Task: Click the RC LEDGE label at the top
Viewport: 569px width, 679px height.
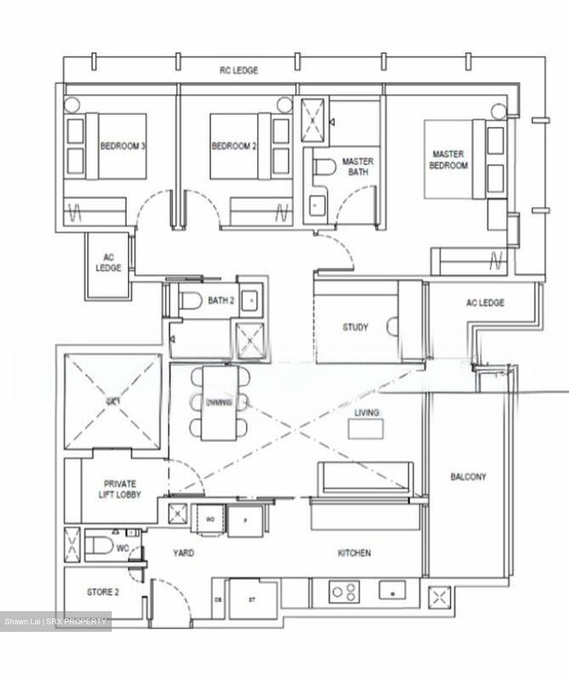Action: point(239,70)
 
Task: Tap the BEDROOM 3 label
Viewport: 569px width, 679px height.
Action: point(122,146)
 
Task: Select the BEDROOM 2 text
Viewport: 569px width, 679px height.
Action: point(234,146)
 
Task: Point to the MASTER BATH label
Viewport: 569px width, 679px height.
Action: point(358,166)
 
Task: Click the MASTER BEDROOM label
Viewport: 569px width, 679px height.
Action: point(448,160)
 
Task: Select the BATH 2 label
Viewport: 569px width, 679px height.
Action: point(221,300)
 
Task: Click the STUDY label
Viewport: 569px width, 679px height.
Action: point(355,327)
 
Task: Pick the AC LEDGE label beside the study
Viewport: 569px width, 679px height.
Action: point(485,303)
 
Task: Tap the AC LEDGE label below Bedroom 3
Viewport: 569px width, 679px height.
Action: point(109,263)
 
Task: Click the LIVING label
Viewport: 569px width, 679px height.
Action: point(367,413)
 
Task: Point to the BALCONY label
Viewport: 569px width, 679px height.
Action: point(468,477)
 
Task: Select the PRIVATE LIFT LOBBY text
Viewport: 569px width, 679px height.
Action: point(119,489)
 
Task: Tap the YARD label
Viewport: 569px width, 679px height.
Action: point(183,553)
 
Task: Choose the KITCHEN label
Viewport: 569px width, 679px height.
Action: point(354,553)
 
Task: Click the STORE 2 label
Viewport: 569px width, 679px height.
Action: point(103,592)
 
